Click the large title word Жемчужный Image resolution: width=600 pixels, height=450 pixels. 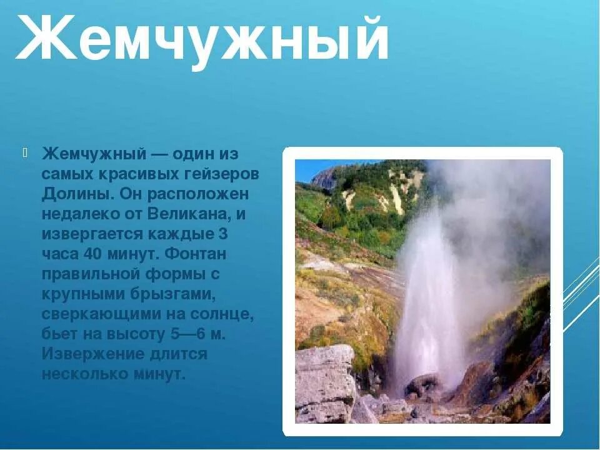tap(201, 39)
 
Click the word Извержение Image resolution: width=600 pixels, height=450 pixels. tap(94, 354)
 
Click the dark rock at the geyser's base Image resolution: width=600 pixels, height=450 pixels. tap(422, 385)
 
